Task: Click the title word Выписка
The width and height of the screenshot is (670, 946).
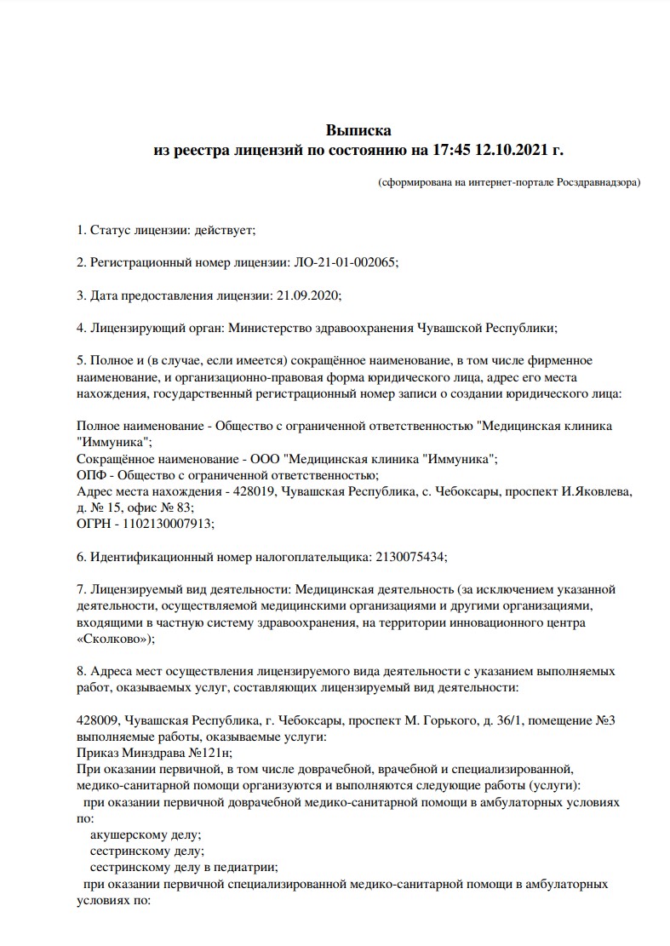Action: click(x=358, y=130)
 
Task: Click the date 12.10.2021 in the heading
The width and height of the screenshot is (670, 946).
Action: click(x=506, y=151)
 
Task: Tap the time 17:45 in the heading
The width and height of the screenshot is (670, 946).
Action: click(x=448, y=151)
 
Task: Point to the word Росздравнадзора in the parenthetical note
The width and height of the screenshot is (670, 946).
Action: click(x=598, y=182)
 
